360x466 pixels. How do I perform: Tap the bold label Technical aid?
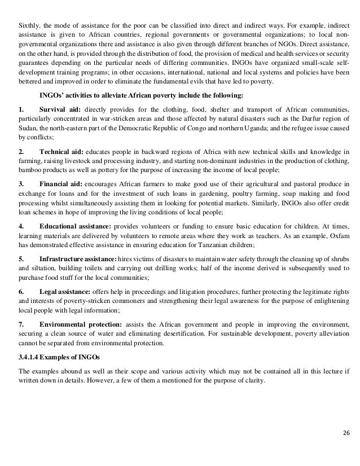62,151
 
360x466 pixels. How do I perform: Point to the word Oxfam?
332,236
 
